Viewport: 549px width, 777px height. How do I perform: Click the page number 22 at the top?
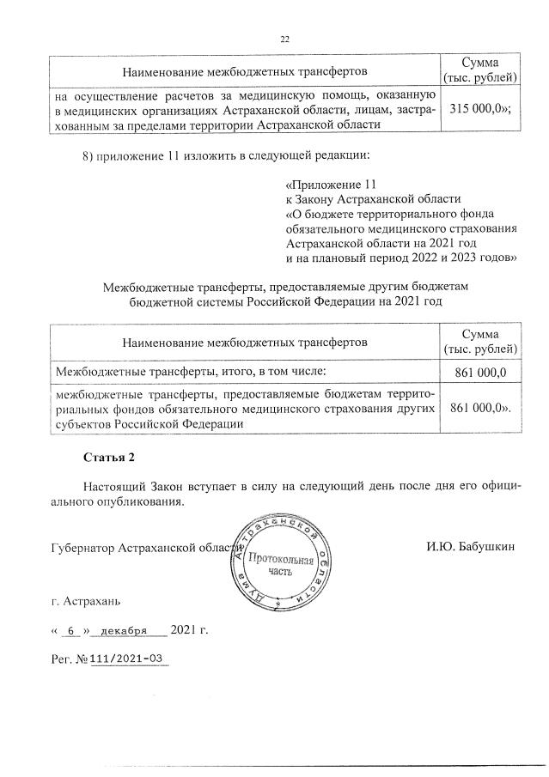click(x=286, y=39)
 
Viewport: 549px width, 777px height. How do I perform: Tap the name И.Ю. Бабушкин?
click(x=469, y=548)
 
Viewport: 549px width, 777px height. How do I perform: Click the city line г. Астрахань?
click(x=85, y=603)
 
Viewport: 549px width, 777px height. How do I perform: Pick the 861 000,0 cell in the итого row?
click(x=479, y=372)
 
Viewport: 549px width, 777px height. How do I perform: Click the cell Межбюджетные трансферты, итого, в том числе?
click(x=191, y=372)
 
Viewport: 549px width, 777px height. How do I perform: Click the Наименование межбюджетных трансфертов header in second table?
click(x=245, y=342)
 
